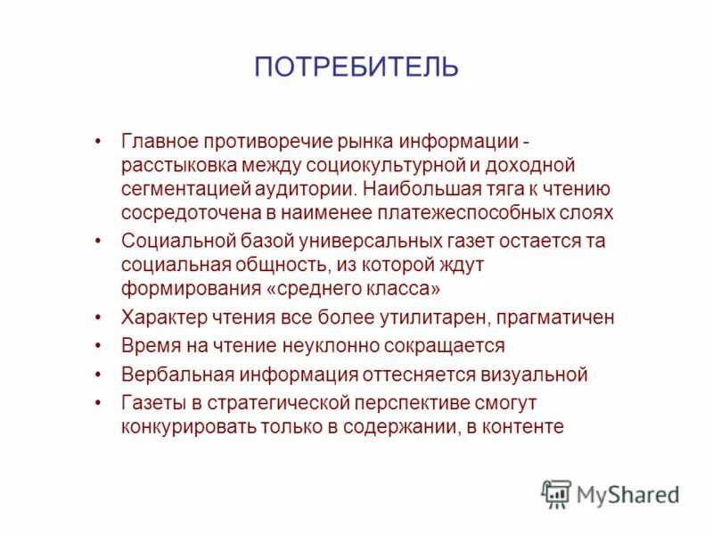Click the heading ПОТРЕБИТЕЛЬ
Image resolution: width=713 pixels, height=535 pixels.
click(356, 67)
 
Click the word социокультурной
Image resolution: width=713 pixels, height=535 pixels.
click(384, 165)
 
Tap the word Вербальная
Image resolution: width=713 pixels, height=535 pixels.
click(166, 374)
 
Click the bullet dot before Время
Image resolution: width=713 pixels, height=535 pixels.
click(98, 346)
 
